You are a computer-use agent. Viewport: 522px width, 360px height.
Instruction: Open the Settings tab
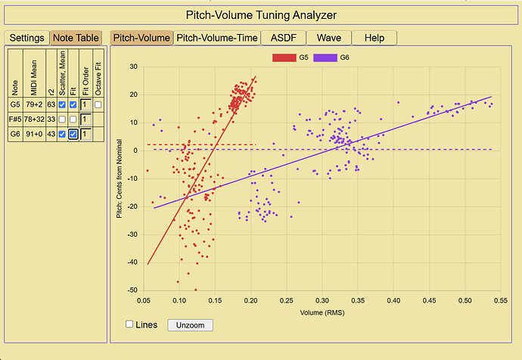click(x=26, y=38)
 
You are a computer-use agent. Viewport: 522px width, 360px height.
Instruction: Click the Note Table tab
click(x=76, y=38)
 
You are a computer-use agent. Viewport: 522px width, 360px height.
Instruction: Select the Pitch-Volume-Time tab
click(x=217, y=38)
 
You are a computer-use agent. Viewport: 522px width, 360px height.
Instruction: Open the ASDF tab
click(x=283, y=38)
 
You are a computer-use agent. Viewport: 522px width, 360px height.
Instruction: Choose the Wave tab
click(x=329, y=38)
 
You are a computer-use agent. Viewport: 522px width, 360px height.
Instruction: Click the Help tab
click(x=374, y=38)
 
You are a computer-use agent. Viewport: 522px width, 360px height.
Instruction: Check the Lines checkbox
click(x=129, y=324)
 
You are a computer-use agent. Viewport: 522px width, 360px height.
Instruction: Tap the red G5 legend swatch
click(x=284, y=57)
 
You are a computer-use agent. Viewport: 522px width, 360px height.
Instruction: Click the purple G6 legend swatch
click(x=325, y=57)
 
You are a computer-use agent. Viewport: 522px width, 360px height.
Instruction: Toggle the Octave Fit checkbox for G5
click(x=98, y=104)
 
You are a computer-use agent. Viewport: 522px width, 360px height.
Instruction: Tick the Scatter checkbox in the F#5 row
click(x=62, y=119)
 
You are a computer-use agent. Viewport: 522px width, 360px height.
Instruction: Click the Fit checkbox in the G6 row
click(x=73, y=134)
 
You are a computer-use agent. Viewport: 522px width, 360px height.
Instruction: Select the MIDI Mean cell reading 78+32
click(x=34, y=119)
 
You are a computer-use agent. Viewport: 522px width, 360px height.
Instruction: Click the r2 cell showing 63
click(x=51, y=104)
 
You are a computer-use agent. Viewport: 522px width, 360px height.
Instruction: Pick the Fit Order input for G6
click(x=85, y=134)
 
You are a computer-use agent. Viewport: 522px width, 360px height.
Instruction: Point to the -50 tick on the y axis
click(x=132, y=290)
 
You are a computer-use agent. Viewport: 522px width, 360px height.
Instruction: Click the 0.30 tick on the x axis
click(x=322, y=300)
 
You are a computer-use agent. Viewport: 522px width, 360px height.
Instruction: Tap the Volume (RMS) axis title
click(x=322, y=313)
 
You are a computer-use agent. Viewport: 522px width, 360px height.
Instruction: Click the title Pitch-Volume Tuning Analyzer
click(x=261, y=15)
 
